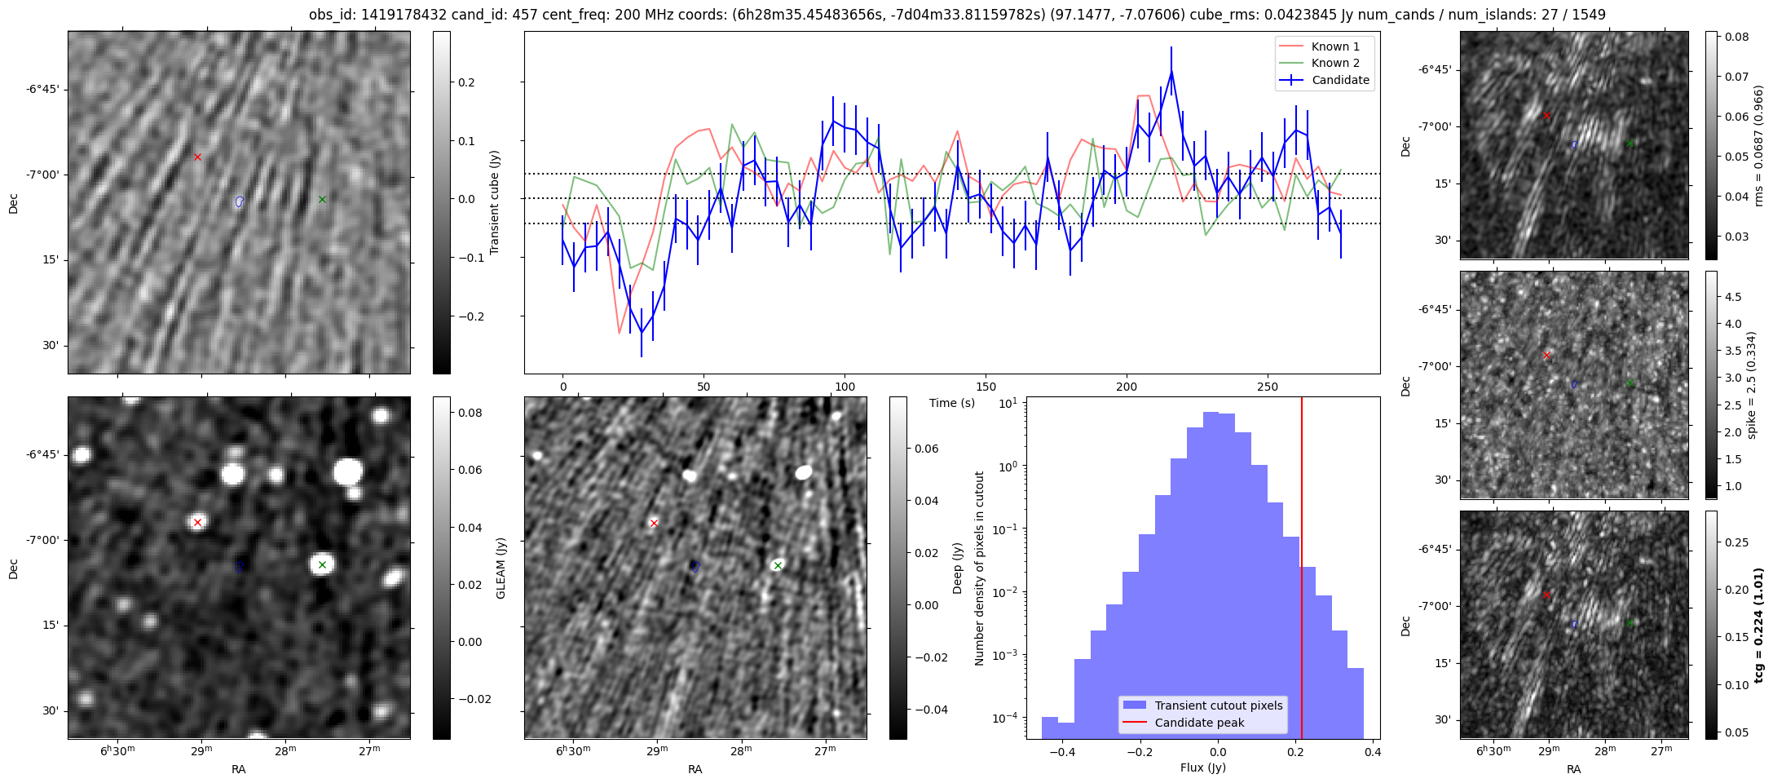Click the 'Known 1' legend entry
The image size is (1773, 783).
[1335, 46]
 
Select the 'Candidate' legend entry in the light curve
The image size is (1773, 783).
[1340, 80]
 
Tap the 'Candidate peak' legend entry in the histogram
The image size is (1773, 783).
[1199, 723]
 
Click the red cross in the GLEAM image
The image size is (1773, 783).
[197, 522]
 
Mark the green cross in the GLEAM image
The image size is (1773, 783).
[322, 564]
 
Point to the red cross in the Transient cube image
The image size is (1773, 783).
[197, 157]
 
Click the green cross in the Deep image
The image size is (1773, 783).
[778, 565]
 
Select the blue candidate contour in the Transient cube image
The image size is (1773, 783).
[239, 201]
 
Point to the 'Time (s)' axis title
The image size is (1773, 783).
[952, 403]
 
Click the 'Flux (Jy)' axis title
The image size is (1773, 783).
[1202, 768]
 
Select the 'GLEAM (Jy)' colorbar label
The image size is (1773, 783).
[501, 568]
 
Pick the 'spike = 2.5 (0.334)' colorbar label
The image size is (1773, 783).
[1751, 385]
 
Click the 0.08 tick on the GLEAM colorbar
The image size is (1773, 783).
[470, 413]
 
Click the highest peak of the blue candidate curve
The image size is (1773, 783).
[1171, 71]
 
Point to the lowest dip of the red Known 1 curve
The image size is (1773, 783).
[620, 333]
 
